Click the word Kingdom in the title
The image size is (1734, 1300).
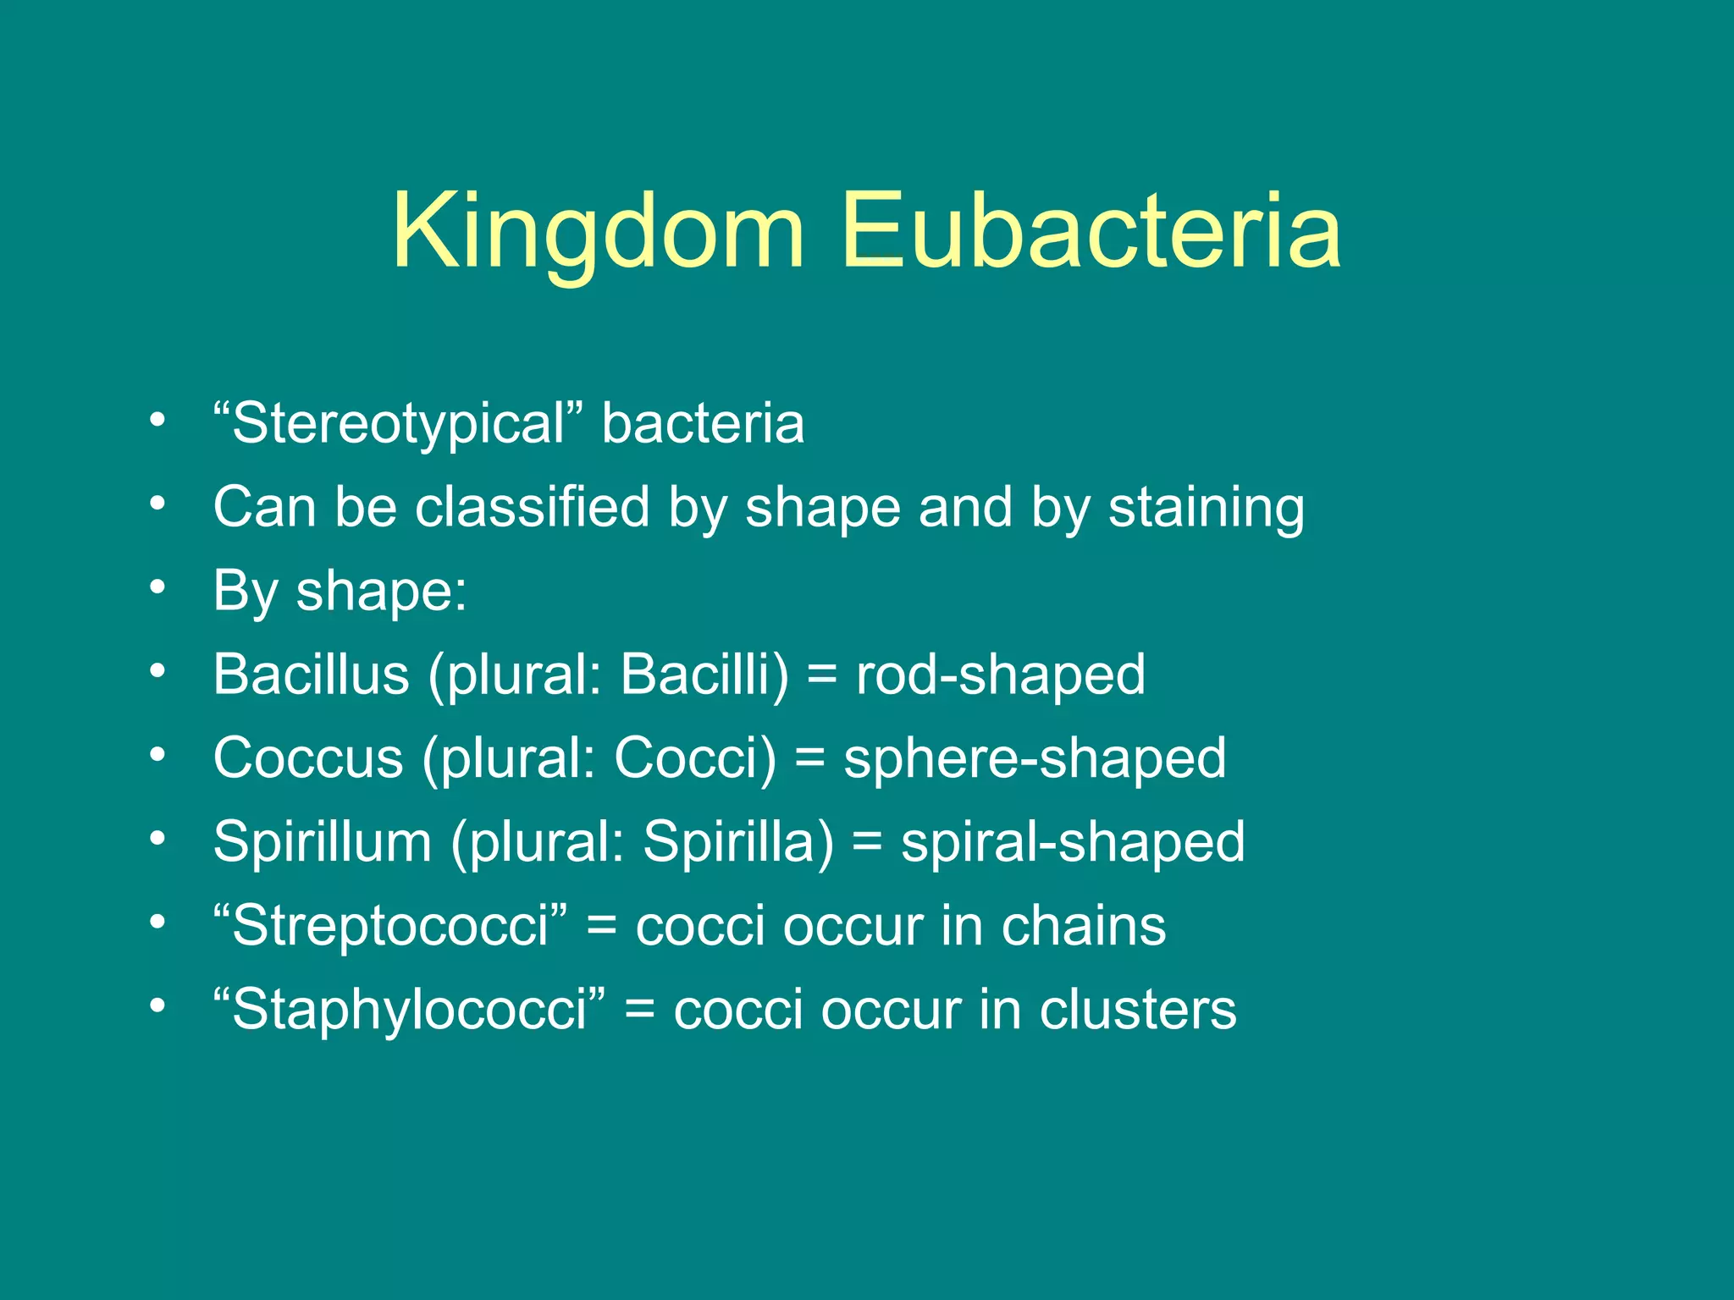pyautogui.click(x=597, y=233)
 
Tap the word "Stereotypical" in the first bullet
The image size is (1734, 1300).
pyautogui.click(x=399, y=423)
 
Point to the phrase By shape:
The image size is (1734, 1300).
pyautogui.click(x=340, y=591)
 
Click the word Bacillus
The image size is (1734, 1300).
pyautogui.click(x=311, y=675)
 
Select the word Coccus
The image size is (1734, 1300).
pyautogui.click(x=308, y=757)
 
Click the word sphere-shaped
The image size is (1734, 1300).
pyautogui.click(x=1035, y=759)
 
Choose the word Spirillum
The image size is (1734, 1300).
pyautogui.click(x=323, y=842)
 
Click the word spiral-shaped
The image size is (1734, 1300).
pyautogui.click(x=1073, y=844)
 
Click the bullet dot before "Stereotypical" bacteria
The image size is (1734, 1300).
pyautogui.click(x=157, y=421)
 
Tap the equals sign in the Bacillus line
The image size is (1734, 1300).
pyautogui.click(x=821, y=676)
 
